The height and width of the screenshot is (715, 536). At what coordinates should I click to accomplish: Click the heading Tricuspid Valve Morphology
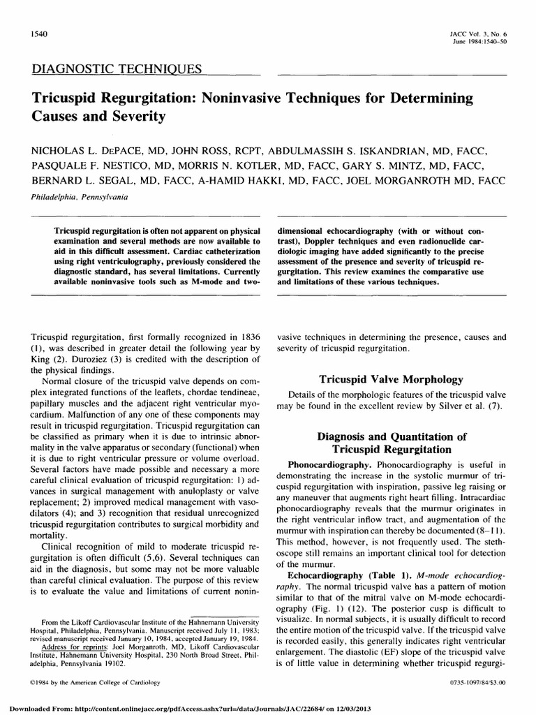391,379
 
